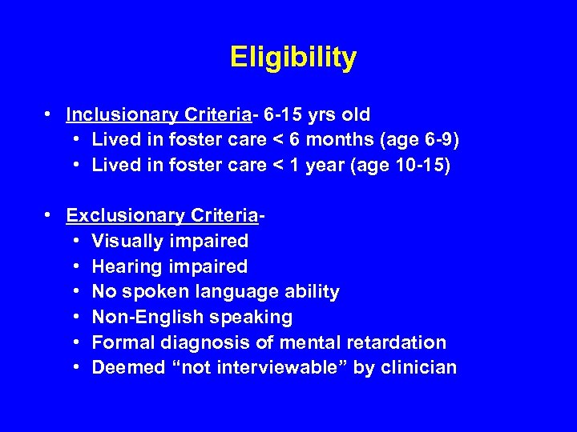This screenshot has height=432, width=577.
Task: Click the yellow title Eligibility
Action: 293,58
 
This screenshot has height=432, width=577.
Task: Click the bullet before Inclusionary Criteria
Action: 50,114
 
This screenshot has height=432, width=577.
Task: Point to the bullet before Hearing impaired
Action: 75,266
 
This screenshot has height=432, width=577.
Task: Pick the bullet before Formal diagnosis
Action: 75,342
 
